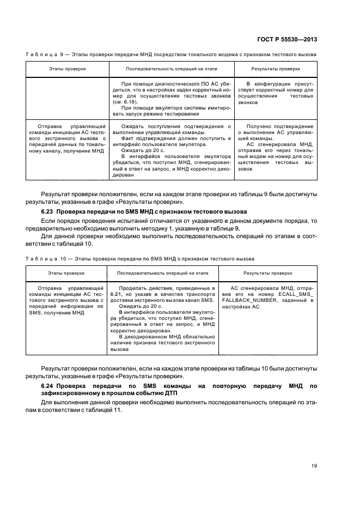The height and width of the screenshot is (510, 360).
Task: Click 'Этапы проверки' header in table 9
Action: point(67,69)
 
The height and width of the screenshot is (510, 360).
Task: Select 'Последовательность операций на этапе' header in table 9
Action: point(172,69)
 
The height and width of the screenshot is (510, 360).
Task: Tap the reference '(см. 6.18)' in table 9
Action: point(124,102)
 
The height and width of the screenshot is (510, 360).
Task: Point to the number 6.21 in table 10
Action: point(115,294)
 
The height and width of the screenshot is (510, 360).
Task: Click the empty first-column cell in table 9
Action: point(67,99)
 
